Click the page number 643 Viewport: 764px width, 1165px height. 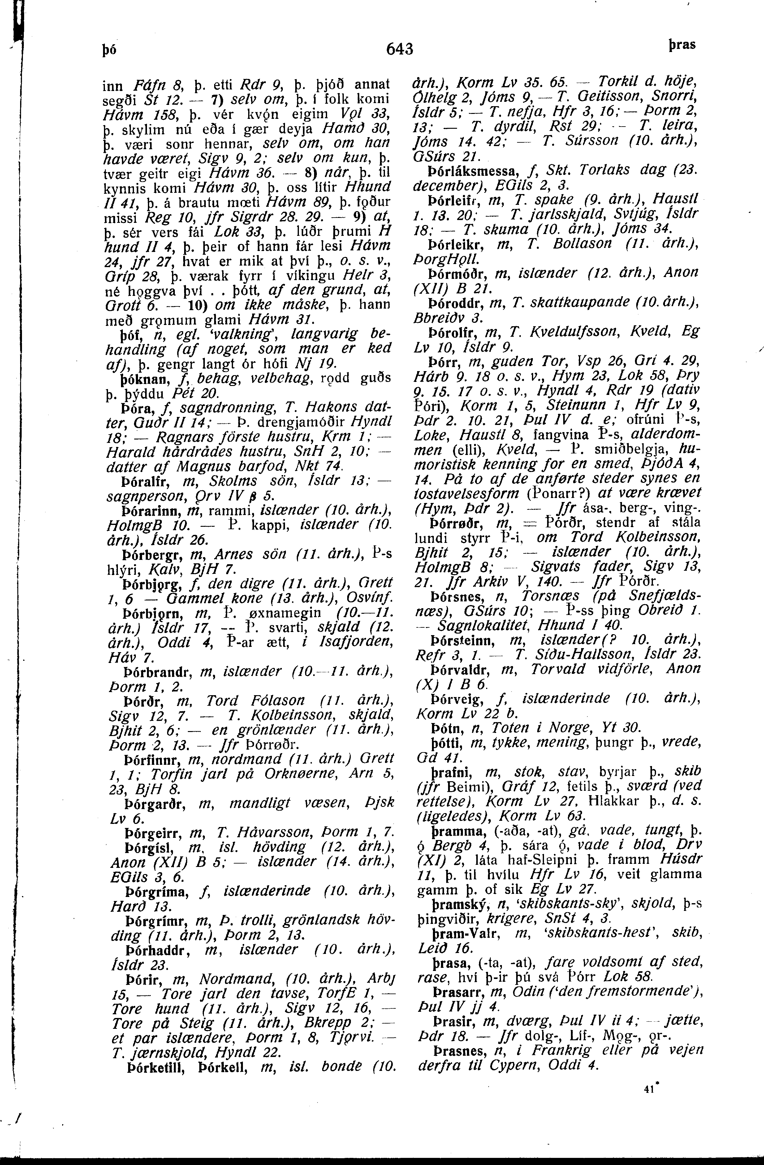pyautogui.click(x=400, y=49)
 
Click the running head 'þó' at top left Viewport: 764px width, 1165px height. pyautogui.click(x=110, y=50)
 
